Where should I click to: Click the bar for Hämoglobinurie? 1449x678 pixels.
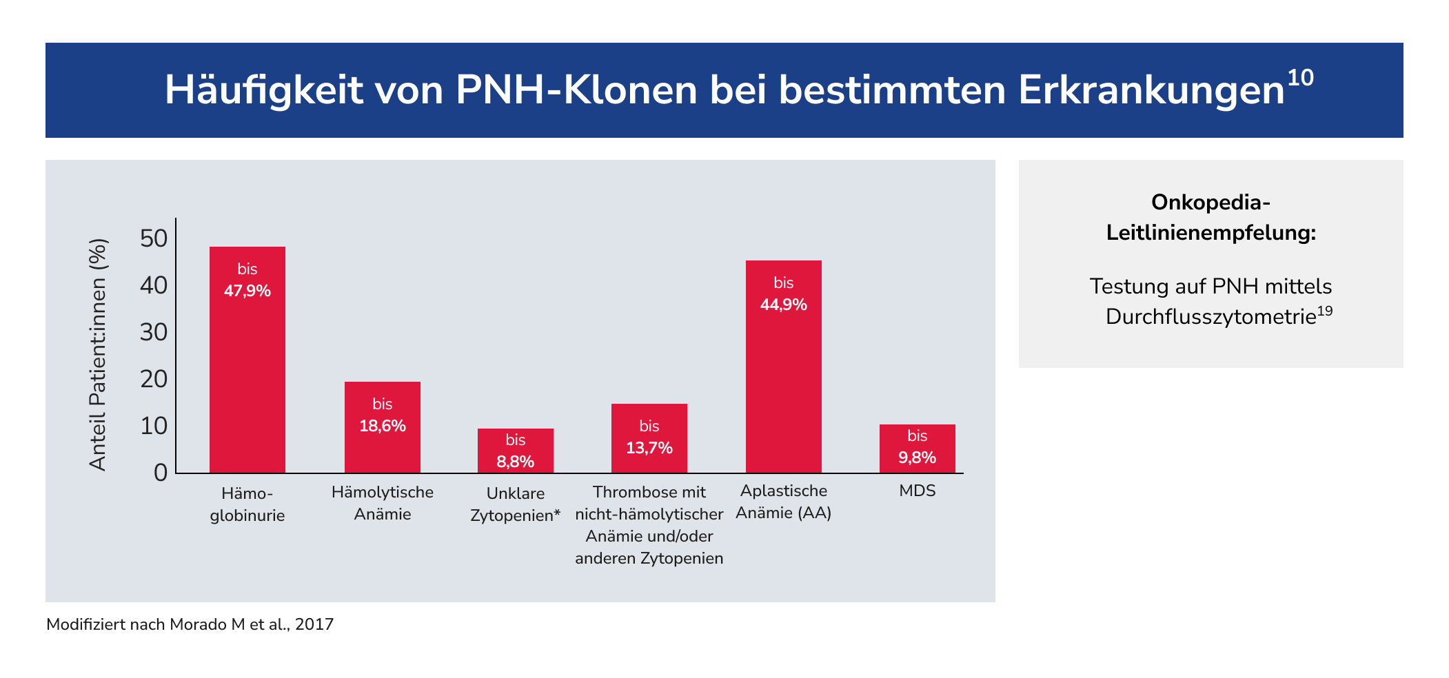[x=247, y=360]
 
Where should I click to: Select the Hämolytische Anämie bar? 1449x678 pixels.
[x=383, y=427]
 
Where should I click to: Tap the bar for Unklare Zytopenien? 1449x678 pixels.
[x=516, y=451]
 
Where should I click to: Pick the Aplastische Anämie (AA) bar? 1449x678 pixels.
[x=784, y=367]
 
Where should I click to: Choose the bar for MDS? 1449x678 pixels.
[x=918, y=449]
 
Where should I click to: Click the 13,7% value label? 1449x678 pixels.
[x=649, y=448]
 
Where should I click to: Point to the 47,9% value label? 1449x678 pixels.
[x=247, y=291]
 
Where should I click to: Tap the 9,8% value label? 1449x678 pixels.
[x=918, y=458]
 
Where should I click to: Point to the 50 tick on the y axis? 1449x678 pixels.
[x=154, y=238]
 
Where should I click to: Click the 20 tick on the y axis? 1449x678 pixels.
[x=154, y=379]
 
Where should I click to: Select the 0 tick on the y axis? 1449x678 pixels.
[x=161, y=473]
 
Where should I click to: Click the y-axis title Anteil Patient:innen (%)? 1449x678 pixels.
[x=99, y=355]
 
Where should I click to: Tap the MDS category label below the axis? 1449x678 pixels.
[x=918, y=491]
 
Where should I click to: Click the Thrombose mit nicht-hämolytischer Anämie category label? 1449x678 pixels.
[x=649, y=525]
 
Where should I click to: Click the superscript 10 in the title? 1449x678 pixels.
[x=1300, y=78]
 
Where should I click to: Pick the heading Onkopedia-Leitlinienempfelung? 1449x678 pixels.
[x=1211, y=218]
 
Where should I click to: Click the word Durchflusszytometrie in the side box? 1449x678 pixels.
[x=1211, y=316]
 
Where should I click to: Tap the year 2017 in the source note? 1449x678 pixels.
[x=314, y=624]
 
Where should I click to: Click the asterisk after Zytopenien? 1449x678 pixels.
[x=557, y=513]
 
